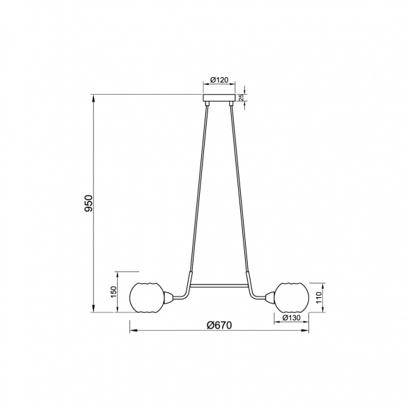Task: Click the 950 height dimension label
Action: pyautogui.click(x=89, y=203)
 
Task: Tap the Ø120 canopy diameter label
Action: pyautogui.click(x=219, y=80)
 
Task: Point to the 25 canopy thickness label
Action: pyautogui.click(x=242, y=97)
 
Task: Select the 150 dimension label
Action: pyautogui.click(x=113, y=292)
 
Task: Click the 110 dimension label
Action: pyautogui.click(x=319, y=297)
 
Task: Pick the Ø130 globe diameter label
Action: pyautogui.click(x=292, y=317)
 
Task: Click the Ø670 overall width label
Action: pyautogui.click(x=219, y=326)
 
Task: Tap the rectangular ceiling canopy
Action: pyautogui.click(x=219, y=97)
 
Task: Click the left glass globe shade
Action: pyautogui.click(x=147, y=297)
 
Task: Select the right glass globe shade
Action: pyautogui.click(x=292, y=297)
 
